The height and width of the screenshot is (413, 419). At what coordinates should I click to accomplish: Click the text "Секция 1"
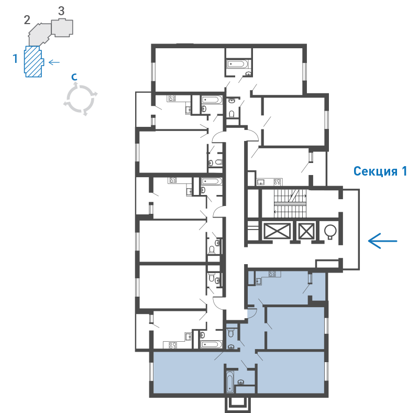coord(380,171)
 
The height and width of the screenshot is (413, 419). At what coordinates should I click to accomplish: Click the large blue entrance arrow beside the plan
coord(382,241)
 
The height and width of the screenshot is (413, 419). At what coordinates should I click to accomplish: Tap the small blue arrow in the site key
coord(54,62)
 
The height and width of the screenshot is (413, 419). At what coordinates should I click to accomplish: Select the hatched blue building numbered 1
coord(33,61)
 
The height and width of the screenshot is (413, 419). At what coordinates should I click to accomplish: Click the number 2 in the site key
coord(27,20)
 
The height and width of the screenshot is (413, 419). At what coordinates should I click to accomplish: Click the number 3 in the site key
coord(61,11)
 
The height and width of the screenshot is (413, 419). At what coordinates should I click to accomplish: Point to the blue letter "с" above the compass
coord(74,77)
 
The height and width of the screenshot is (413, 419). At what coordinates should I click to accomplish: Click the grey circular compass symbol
coord(81,99)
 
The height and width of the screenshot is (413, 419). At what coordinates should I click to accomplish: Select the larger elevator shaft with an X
coord(277,231)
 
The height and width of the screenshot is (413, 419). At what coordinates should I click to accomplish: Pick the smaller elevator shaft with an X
coord(306,231)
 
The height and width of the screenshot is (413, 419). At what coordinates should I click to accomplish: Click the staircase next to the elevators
coord(290,203)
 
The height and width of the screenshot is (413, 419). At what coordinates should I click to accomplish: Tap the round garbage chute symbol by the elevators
coord(330,231)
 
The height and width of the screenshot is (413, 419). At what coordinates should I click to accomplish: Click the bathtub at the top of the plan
coord(238,64)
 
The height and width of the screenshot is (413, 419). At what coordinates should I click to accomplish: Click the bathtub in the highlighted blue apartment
coord(230,382)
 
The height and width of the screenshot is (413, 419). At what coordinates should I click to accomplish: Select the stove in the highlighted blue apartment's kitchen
coord(272,274)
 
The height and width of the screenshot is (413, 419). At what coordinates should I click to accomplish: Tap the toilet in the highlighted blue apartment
coord(231,333)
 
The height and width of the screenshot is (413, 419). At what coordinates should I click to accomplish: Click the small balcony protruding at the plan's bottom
coord(238,405)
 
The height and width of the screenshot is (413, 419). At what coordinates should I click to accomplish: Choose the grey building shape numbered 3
coord(62,28)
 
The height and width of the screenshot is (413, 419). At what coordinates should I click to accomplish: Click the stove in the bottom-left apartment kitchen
coord(173,345)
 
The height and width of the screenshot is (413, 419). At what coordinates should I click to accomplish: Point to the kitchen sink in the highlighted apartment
coord(258,281)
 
